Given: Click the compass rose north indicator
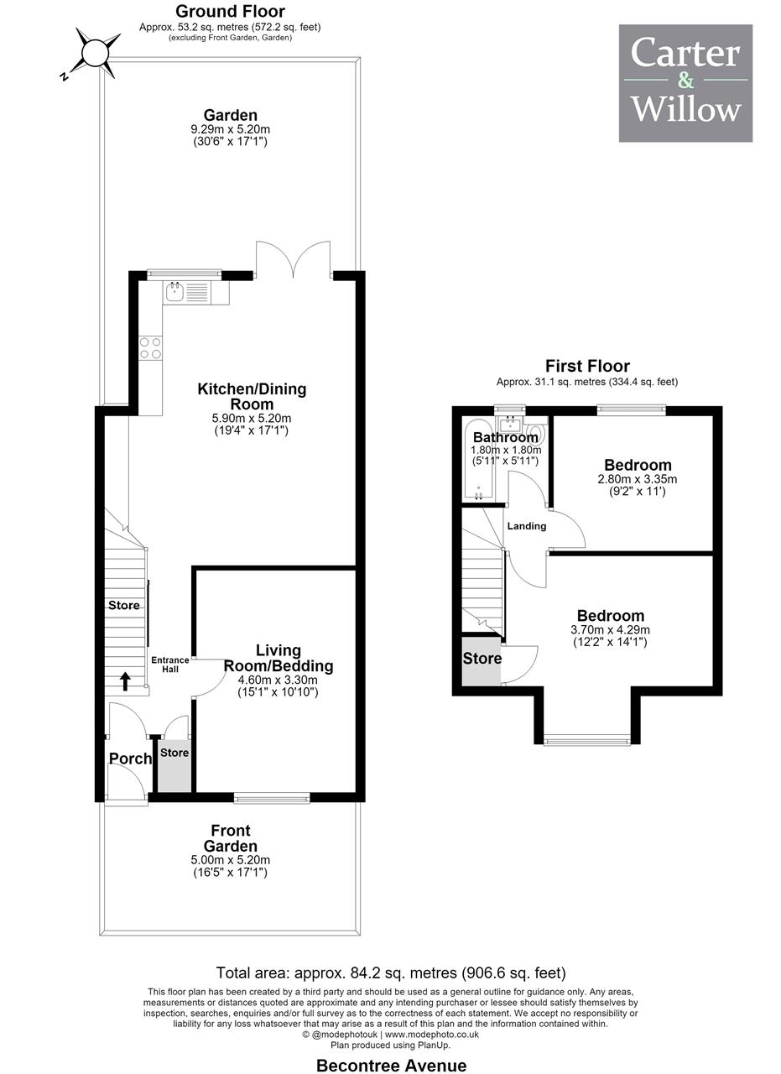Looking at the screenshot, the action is click(96, 53).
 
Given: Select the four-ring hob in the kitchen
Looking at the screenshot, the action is click(150, 348).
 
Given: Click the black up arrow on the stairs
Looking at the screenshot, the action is click(125, 680).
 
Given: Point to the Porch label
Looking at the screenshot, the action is click(130, 758).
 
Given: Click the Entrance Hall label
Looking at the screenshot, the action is click(169, 665).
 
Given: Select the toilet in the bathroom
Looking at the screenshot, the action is click(536, 430).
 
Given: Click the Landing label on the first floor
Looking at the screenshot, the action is click(527, 526).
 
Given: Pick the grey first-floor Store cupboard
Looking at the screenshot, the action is click(482, 660).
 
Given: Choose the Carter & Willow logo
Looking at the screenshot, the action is click(685, 83).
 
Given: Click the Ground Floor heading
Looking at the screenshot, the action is click(230, 11).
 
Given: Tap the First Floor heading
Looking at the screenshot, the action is click(587, 366).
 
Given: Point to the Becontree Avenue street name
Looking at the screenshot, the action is click(391, 1065).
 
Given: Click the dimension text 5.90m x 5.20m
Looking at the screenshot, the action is click(251, 418).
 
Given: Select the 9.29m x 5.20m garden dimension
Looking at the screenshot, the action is click(230, 129).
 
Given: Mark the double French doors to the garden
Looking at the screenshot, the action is click(294, 259).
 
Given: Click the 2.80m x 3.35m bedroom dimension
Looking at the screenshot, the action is click(638, 478).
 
